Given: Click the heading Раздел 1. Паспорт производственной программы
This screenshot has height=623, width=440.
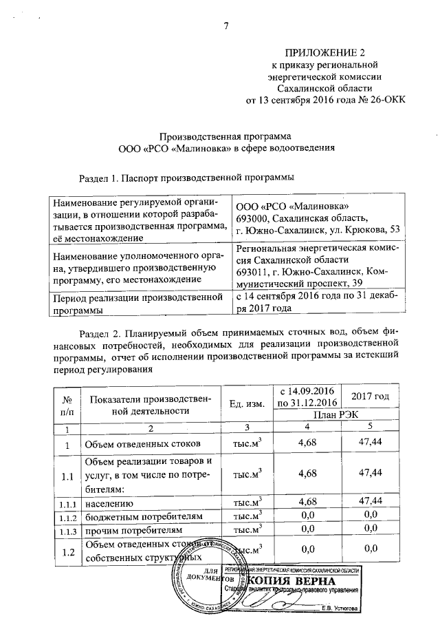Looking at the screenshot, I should (187, 178).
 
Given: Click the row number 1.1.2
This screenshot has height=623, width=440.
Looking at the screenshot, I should (67, 516).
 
